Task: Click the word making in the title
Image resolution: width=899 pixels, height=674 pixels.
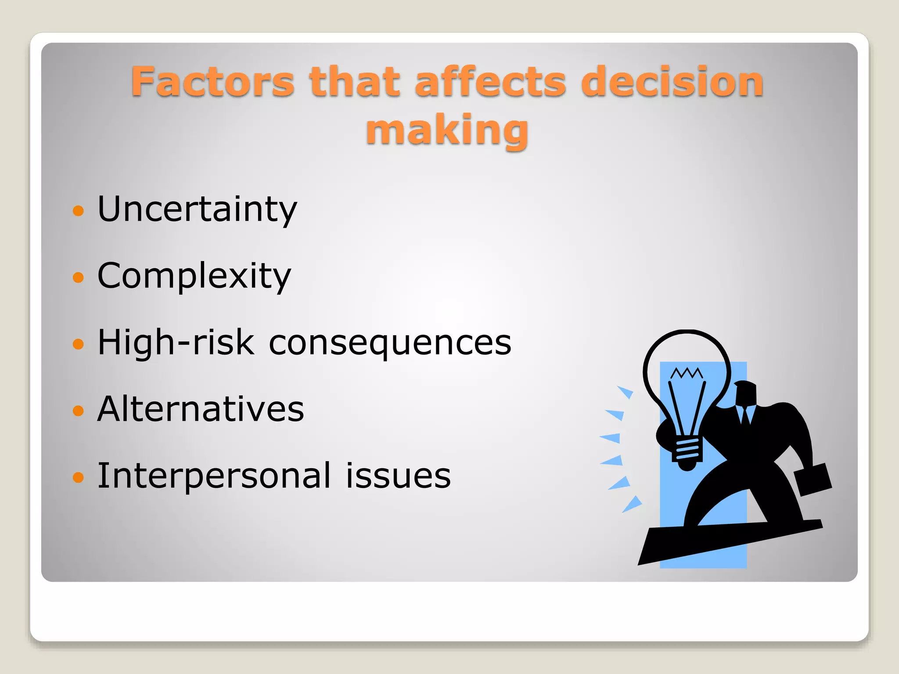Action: point(447,130)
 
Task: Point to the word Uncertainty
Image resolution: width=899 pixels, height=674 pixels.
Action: point(197,209)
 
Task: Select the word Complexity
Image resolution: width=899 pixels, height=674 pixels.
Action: point(194,276)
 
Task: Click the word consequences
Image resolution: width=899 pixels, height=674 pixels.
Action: point(390,343)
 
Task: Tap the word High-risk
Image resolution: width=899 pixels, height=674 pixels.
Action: point(176,343)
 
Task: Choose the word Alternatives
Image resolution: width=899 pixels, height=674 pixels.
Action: point(201,409)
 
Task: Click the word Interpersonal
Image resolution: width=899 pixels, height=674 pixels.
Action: point(214,476)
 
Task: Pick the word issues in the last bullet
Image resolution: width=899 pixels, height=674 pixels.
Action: point(398,476)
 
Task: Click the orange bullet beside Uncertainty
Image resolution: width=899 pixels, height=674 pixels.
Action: point(78,211)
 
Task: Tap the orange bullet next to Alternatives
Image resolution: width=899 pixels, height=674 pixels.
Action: point(78,411)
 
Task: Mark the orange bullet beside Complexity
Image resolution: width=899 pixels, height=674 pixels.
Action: point(78,277)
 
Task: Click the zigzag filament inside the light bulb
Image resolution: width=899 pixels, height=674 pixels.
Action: point(687,373)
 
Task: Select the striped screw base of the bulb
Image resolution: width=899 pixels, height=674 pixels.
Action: point(687,449)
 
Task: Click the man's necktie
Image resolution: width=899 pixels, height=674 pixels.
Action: point(745,415)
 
